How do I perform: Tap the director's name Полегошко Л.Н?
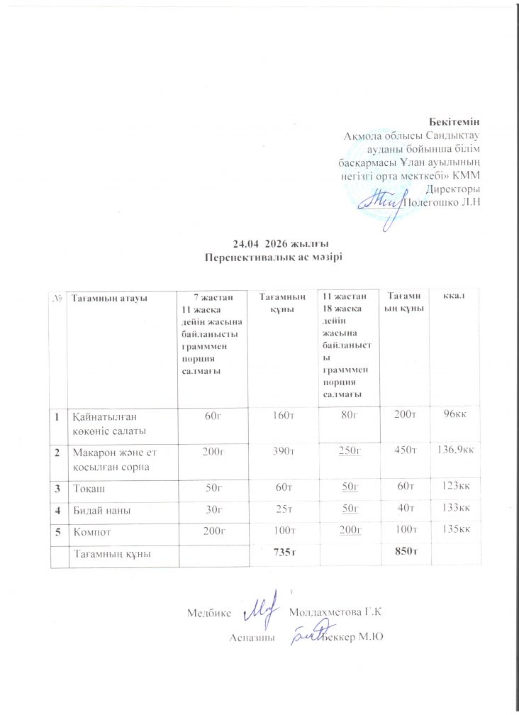(x=442, y=202)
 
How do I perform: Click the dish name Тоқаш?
(x=87, y=486)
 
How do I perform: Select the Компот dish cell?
(x=92, y=529)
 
